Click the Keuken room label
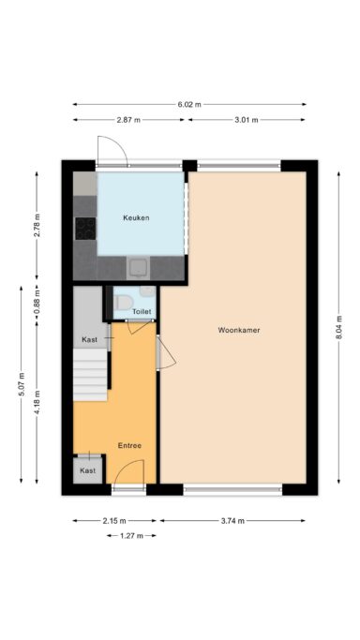tap(136, 218)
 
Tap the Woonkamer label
tap(239, 330)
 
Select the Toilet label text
tap(142, 312)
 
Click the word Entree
tap(129, 445)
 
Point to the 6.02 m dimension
tap(189, 105)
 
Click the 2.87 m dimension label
tap(128, 120)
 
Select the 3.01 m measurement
tap(247, 120)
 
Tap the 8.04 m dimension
tap(338, 329)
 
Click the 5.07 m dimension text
tap(22, 384)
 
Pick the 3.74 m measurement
tap(232, 521)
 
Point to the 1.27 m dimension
tap(131, 536)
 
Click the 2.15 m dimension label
tap(114, 521)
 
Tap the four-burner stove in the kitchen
tap(85, 229)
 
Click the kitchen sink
tap(139, 268)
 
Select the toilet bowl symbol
tap(123, 303)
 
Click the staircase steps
tap(90, 374)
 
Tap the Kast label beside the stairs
tap(90, 339)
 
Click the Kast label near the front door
tap(88, 470)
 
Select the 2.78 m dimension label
tap(37, 225)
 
